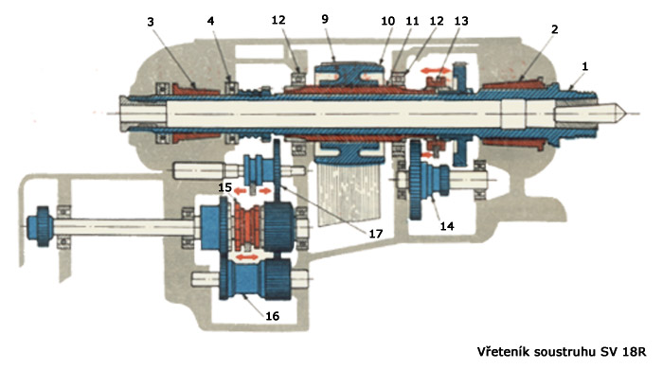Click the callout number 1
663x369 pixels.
point(585,66)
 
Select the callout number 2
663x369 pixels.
point(555,29)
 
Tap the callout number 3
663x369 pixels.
point(151,22)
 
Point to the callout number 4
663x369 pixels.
point(210,21)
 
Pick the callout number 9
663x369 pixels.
point(325,19)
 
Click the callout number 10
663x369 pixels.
point(387,21)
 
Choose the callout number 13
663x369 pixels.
point(461,21)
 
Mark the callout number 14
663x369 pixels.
point(447,226)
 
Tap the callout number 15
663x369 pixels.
point(225,186)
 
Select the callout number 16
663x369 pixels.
point(273,316)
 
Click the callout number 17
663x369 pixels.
point(375,234)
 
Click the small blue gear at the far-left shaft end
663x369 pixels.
point(40,226)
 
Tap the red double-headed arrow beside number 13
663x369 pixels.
point(436,71)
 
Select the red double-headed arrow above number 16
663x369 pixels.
point(246,256)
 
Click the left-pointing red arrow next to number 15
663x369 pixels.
point(241,191)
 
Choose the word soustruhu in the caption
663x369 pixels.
point(566,352)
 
